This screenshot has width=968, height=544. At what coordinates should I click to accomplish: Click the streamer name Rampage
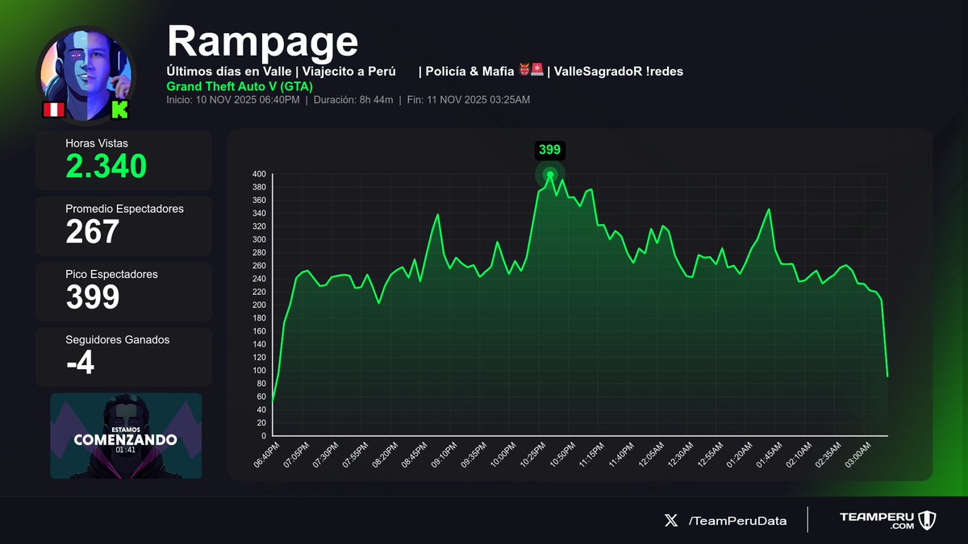[x=262, y=40]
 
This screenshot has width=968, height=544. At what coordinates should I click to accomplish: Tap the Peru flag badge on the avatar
[x=53, y=110]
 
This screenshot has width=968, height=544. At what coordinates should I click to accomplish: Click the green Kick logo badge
[x=119, y=110]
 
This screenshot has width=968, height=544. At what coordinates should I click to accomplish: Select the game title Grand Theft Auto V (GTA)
[x=240, y=86]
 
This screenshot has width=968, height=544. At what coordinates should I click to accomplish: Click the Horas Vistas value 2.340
[x=106, y=166]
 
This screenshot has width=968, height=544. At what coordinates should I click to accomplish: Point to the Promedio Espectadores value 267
[x=92, y=232]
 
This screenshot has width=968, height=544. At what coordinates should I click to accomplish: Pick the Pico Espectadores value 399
[x=92, y=297]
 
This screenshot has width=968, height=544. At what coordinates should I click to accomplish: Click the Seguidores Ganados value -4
[x=80, y=363]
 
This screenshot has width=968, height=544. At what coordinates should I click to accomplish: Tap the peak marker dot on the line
[x=550, y=174]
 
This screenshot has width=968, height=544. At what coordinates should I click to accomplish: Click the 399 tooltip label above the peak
[x=549, y=150]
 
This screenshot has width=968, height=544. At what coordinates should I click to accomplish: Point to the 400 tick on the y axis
[x=258, y=174]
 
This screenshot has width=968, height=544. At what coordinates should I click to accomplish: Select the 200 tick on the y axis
[x=258, y=305]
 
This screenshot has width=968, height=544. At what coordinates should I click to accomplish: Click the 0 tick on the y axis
[x=263, y=436]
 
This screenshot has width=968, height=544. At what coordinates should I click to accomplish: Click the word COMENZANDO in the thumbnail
[x=125, y=440]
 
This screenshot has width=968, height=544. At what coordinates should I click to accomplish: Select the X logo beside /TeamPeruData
[x=671, y=521]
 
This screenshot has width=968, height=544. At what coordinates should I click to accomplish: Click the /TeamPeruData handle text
[x=737, y=521]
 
